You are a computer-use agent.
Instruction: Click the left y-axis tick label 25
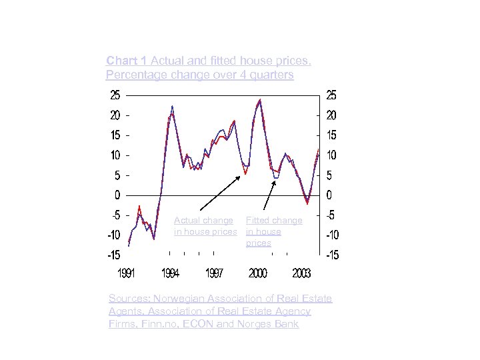115,95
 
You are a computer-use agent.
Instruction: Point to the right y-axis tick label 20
331,115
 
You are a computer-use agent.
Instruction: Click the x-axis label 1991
129,273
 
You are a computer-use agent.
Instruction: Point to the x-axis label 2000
258,273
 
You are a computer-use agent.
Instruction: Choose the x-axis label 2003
301,273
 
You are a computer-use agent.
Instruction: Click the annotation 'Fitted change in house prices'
273,231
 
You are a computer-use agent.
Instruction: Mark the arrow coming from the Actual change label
220,193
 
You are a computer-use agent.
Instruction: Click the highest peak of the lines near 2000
260,100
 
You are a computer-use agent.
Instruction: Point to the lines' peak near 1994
173,107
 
